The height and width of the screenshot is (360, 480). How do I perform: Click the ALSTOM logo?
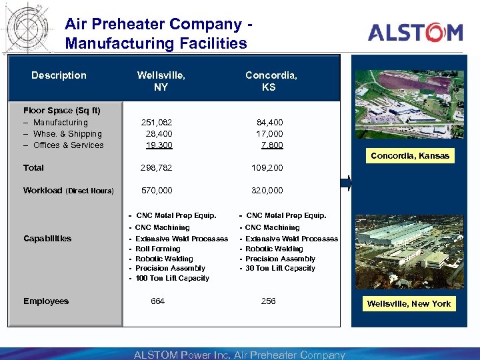[415, 32]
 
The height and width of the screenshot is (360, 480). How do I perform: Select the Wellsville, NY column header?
[161, 81]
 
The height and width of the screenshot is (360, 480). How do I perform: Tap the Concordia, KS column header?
[271, 81]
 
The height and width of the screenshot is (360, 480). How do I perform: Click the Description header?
[59, 75]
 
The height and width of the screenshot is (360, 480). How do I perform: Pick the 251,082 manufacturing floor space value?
[156, 123]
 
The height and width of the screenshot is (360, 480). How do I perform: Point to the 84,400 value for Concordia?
[270, 123]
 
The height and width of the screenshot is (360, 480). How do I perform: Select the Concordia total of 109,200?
[267, 168]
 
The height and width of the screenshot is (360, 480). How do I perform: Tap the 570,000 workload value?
[156, 191]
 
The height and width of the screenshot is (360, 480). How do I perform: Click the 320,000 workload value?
[267, 191]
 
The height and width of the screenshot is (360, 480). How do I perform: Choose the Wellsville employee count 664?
[157, 301]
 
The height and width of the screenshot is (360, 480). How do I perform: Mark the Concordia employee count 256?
[268, 301]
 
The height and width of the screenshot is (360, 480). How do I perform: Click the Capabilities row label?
[47, 239]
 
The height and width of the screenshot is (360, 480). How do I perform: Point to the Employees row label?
[46, 301]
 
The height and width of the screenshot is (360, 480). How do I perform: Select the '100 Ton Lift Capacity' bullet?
[172, 278]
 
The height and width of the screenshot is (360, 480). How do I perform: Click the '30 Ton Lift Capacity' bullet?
[280, 268]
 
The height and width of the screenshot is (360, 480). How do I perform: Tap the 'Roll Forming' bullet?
[158, 249]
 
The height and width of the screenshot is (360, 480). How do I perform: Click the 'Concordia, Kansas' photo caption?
[410, 156]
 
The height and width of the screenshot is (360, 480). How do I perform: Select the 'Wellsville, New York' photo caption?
[409, 304]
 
